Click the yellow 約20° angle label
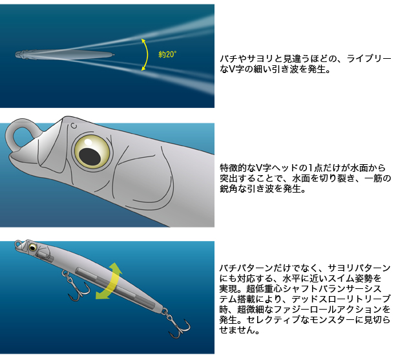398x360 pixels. point(167,54)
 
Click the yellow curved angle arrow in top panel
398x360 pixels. point(147,54)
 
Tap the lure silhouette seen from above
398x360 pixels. point(65,55)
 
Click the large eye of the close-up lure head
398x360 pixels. point(92,152)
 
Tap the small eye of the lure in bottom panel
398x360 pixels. point(32,247)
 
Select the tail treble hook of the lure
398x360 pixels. point(176,323)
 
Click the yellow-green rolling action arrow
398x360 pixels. point(109,281)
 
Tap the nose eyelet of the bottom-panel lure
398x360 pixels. point(18,243)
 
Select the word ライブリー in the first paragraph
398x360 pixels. point(369,59)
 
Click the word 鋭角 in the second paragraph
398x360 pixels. point(229,189)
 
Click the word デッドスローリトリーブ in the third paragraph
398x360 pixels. point(341,299)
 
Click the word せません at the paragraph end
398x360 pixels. point(237,330)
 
